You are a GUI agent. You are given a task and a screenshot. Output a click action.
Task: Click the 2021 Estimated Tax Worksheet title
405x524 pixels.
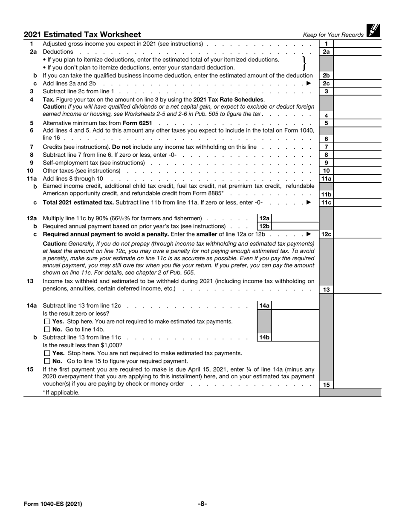82,35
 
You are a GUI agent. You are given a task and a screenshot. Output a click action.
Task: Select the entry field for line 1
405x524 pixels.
357,44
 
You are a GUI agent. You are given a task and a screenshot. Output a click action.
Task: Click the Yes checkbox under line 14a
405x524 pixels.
47,322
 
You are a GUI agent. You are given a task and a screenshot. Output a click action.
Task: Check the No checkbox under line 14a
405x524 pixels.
47,329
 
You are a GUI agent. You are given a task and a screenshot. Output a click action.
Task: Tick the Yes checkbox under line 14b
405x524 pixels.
47,353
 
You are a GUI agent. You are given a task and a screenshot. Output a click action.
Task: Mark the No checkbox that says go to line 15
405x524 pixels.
47,361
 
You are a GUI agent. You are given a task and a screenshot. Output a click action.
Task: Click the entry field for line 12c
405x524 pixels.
357,234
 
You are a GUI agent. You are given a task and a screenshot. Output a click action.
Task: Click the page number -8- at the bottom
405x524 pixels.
202,504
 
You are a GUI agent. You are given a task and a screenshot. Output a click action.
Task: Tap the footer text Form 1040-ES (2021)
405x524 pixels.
53,504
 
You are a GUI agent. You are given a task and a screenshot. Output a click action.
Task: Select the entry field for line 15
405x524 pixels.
357,385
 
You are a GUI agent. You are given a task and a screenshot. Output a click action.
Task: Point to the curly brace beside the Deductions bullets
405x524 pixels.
304,63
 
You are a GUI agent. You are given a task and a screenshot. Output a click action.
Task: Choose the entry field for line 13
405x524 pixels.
357,290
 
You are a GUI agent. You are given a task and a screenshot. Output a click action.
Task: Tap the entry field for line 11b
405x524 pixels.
357,194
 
